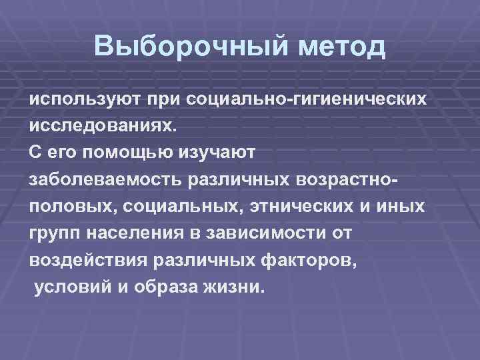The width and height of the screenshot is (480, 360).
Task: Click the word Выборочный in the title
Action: point(173,46)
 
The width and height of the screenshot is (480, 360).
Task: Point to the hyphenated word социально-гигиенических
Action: point(307,99)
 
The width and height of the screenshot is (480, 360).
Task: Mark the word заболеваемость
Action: point(107,179)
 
